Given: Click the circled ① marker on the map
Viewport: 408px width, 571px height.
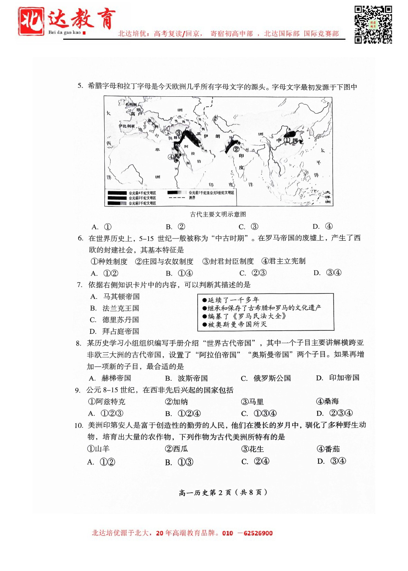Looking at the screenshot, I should pyautogui.click(x=286, y=141).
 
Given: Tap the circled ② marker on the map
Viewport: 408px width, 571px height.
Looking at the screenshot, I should pyautogui.click(x=236, y=149).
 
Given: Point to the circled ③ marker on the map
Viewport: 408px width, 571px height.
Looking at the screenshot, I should pyautogui.click(x=178, y=133).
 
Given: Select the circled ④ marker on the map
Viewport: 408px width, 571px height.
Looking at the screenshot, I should pyautogui.click(x=171, y=157).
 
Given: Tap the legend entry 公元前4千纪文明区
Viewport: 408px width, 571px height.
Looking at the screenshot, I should pyautogui.click(x=142, y=193).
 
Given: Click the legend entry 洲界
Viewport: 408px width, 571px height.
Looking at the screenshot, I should pyautogui.click(x=192, y=198).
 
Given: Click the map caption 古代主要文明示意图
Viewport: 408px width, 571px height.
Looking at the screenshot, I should pyautogui.click(x=218, y=214).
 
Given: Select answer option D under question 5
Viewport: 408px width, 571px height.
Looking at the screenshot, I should pyautogui.click(x=323, y=226).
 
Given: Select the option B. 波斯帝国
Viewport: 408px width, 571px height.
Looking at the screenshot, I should pyautogui.click(x=187, y=378).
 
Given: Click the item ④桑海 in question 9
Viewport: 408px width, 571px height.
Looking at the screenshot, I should pyautogui.click(x=328, y=401).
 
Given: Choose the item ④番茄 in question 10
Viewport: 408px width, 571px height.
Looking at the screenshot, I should pyautogui.click(x=328, y=449).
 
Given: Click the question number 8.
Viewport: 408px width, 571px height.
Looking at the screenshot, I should pyautogui.click(x=79, y=343).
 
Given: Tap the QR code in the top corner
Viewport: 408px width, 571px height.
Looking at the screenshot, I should pyautogui.click(x=373, y=25).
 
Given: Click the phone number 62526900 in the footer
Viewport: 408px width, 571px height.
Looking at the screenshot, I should pyautogui.click(x=258, y=533).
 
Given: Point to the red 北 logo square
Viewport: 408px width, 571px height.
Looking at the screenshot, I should pyautogui.click(x=31, y=21).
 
